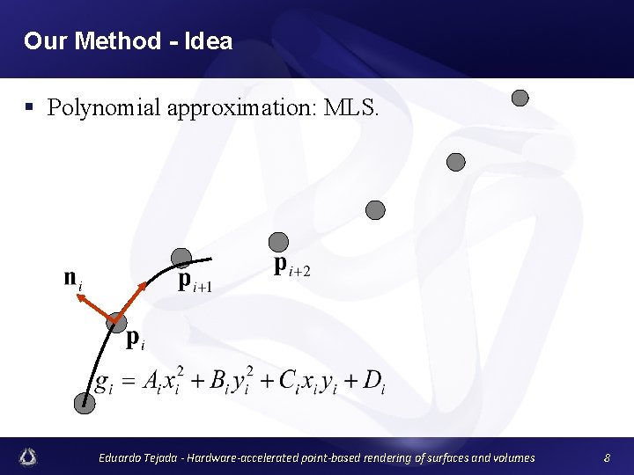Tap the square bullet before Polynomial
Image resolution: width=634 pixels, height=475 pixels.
[x=29, y=108]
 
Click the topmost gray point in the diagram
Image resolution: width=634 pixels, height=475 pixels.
[x=520, y=98]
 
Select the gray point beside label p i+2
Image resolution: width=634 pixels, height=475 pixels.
[x=278, y=241]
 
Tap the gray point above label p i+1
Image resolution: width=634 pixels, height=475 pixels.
[x=181, y=257]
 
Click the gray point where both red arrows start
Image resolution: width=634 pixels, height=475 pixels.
[x=115, y=323]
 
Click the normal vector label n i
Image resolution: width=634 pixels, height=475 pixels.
[x=73, y=279]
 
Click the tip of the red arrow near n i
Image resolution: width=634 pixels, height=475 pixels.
[x=77, y=296]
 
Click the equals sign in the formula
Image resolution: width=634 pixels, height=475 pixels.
[x=125, y=382]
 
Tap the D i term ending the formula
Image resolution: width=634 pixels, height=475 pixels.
[x=373, y=382]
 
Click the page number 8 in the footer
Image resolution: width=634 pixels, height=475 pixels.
[x=607, y=457]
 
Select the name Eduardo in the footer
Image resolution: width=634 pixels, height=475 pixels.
[x=120, y=457]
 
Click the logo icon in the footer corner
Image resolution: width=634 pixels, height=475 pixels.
[x=29, y=457]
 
